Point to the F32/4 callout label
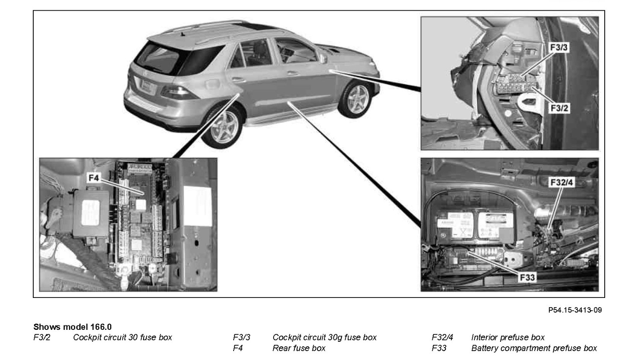click(561, 183)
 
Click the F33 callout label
click(527, 277)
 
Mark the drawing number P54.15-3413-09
click(575, 309)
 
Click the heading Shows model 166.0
click(72, 328)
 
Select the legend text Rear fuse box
click(299, 348)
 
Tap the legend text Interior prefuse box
click(508, 338)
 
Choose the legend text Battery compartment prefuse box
click(534, 348)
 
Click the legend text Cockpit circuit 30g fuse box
click(325, 338)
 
